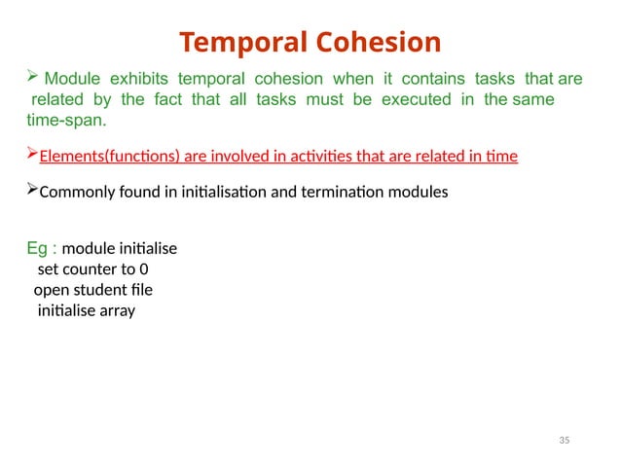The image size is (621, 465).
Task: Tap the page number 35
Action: [564, 442]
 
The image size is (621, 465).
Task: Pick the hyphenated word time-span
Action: [67, 123]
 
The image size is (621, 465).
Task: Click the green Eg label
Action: [39, 247]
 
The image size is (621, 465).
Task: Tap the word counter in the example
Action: [91, 268]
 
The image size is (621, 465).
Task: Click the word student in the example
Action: [100, 290]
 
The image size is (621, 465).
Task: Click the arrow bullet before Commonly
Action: [31, 191]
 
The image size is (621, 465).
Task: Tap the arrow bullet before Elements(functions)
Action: [31, 156]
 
